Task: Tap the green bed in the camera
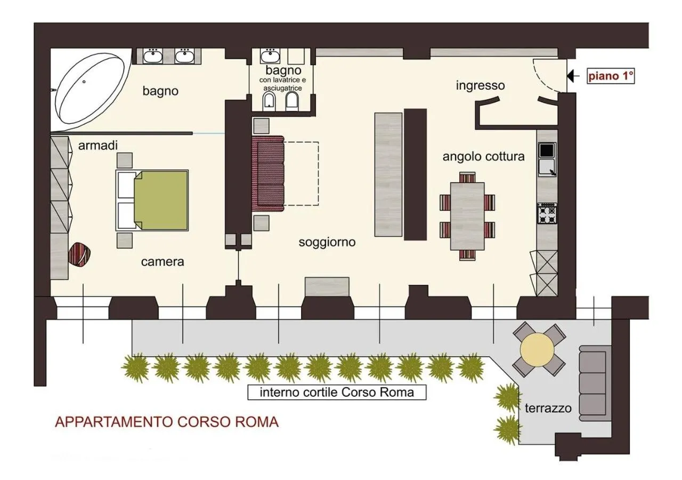coord(161,200)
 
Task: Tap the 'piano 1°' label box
coord(611,76)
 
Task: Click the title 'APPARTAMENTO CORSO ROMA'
coord(167,422)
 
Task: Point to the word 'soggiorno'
coord(327,242)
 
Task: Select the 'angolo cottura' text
coord(483,157)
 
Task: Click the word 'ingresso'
coord(480,85)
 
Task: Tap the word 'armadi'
coord(98,145)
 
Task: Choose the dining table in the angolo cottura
coord(467,216)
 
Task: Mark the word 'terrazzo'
coord(548,409)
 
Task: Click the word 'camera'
coord(163,262)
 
